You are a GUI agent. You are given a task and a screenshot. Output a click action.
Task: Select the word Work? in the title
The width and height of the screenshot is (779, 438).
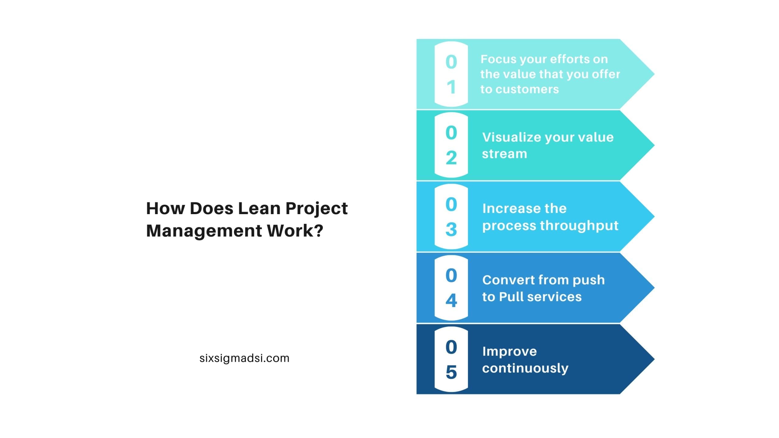[x=295, y=231]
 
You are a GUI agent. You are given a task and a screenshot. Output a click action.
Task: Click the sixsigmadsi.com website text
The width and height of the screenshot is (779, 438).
[x=244, y=358]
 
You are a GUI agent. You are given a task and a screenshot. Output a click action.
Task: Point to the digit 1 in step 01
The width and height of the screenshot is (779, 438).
[x=451, y=87]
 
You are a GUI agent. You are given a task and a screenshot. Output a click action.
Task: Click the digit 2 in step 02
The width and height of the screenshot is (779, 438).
[x=451, y=158]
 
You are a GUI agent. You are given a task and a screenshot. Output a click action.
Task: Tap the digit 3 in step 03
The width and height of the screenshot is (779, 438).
[x=451, y=229]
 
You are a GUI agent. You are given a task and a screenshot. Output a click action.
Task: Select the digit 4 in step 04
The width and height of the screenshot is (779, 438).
[x=451, y=301]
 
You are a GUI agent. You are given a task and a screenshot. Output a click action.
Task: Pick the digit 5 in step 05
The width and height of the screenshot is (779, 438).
[x=451, y=372]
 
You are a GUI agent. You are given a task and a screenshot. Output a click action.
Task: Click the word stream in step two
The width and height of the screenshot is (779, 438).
[x=505, y=154]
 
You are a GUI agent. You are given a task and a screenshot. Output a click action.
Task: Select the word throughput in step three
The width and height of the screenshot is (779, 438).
[x=579, y=226]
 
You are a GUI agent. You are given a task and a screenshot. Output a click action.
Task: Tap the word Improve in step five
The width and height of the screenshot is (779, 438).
[x=510, y=352]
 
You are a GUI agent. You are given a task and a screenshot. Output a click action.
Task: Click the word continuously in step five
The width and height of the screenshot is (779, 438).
[x=525, y=369]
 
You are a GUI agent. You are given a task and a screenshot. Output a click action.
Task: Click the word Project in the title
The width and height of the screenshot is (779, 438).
[x=316, y=209]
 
